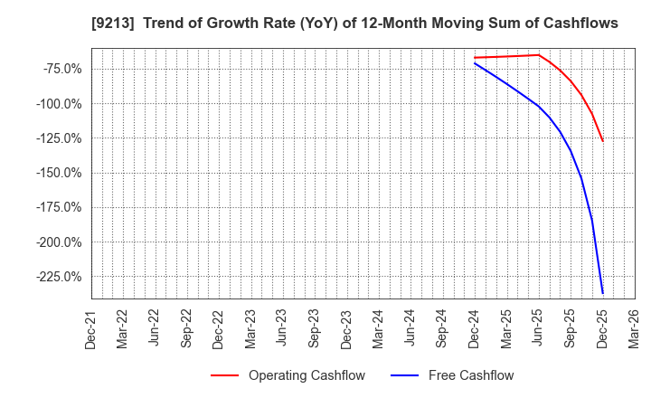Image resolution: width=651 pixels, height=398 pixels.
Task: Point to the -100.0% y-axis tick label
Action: coord(59,104)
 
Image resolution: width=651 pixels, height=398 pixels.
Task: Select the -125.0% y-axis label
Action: coord(59,138)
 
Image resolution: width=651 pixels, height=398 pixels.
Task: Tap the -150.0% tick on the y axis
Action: coord(59,173)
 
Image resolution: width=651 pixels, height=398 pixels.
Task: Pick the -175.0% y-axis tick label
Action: coord(59,208)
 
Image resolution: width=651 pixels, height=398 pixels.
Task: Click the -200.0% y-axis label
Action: coord(59,242)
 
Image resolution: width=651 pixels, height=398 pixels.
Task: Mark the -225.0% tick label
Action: coord(59,277)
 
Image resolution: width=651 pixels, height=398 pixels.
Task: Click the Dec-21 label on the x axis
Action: coord(91,327)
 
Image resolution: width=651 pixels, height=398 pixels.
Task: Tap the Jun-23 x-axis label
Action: coord(282,327)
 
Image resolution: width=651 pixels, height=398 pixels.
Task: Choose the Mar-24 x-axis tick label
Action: coord(378,327)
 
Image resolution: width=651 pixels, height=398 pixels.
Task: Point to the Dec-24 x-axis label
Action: coord(475,327)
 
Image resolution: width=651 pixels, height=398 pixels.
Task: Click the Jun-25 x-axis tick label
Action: coord(539,327)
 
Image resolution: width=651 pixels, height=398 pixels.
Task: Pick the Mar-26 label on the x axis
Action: coord(634,327)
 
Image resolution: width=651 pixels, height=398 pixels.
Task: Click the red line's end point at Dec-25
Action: coord(602,141)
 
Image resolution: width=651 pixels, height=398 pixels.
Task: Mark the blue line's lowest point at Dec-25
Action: coord(602,293)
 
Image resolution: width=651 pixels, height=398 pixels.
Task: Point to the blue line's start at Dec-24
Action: coord(475,63)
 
